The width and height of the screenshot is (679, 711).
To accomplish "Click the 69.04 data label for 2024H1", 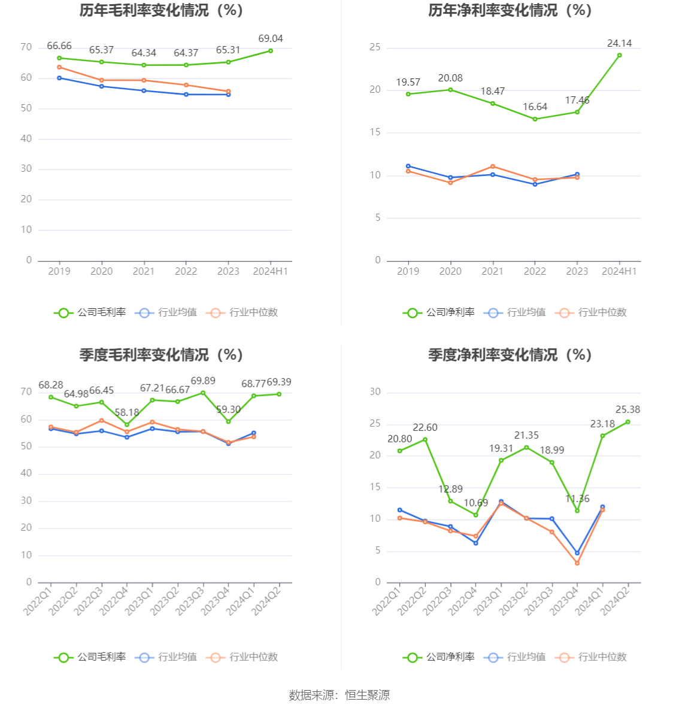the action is (x=270, y=38).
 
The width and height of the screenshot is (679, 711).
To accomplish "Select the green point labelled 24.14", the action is (x=619, y=55).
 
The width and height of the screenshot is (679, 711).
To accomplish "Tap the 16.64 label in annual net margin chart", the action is (x=535, y=107).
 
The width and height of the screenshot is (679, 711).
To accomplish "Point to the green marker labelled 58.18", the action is (x=127, y=425).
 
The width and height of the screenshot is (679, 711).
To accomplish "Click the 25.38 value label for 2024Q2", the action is (x=628, y=409).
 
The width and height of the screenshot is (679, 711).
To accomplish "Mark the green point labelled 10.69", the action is (x=476, y=515).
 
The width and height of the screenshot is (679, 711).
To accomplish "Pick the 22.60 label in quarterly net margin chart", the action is (x=425, y=427).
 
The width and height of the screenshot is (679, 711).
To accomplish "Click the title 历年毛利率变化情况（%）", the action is (x=162, y=10).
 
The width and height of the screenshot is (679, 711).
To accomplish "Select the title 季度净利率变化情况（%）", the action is (x=510, y=355).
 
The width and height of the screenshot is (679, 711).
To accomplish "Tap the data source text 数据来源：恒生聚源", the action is (x=339, y=695).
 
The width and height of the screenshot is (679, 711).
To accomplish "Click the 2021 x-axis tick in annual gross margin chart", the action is (x=144, y=271).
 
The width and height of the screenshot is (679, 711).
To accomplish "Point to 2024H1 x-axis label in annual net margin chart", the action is (x=619, y=271).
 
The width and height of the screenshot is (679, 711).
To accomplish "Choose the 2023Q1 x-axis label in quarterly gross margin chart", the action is (x=140, y=600).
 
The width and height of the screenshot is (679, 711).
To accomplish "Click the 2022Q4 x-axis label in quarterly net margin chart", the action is (x=463, y=600).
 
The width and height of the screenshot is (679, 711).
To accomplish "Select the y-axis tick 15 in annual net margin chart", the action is (x=375, y=132).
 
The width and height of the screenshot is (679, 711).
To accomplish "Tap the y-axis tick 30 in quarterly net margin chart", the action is (x=375, y=392).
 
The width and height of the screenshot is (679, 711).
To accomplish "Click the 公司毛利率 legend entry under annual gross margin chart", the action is (x=90, y=312).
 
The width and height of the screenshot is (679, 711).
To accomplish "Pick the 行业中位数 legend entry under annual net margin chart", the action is (x=590, y=312).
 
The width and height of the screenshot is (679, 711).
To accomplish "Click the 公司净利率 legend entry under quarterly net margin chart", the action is (x=439, y=657).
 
